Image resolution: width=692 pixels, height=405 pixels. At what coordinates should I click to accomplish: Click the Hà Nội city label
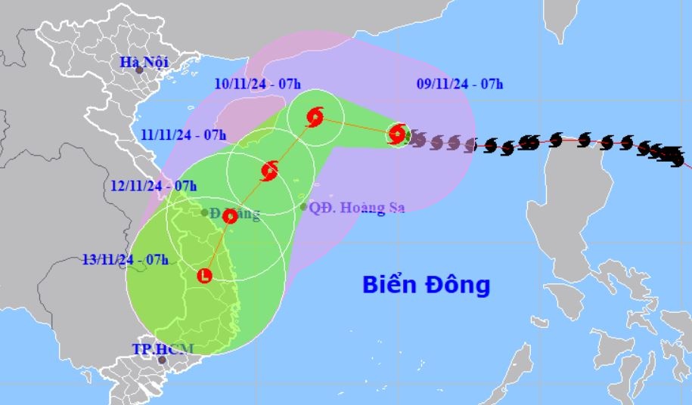pyautogui.click(x=144, y=62)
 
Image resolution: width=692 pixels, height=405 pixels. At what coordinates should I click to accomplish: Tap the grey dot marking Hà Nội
pyautogui.click(x=139, y=70)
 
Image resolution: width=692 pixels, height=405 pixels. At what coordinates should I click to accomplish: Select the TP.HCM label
pyautogui.click(x=163, y=348)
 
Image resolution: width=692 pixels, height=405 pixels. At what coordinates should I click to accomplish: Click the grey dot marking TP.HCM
pyautogui.click(x=162, y=360)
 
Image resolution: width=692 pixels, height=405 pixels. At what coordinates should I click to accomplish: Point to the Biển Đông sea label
pyautogui.click(x=426, y=285)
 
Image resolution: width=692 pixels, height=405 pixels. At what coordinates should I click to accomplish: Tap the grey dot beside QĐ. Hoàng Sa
pyautogui.click(x=303, y=206)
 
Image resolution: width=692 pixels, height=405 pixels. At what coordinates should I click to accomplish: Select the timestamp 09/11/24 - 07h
pyautogui.click(x=460, y=84)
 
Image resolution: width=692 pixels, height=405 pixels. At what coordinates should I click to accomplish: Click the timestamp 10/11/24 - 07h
pyautogui.click(x=257, y=84)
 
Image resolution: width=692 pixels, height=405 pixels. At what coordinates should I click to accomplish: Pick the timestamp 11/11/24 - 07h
pyautogui.click(x=184, y=135)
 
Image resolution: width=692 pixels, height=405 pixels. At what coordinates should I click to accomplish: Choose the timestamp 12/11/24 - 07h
pyautogui.click(x=154, y=185)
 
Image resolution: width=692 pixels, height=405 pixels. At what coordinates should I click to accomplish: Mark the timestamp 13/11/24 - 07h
pyautogui.click(x=125, y=259)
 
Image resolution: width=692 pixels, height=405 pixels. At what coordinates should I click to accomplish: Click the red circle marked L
pyautogui.click(x=204, y=276)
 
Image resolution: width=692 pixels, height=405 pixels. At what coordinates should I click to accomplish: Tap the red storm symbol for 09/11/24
pyautogui.click(x=396, y=134)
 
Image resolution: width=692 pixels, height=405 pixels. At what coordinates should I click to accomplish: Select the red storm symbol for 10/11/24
pyautogui.click(x=315, y=117)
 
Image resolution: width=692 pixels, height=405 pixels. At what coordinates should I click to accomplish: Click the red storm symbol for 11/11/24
pyautogui.click(x=269, y=171)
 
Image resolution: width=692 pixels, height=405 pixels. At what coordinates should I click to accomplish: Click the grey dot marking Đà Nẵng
pyautogui.click(x=205, y=212)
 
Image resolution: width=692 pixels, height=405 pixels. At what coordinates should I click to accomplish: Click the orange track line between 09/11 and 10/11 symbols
pyautogui.click(x=355, y=126)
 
